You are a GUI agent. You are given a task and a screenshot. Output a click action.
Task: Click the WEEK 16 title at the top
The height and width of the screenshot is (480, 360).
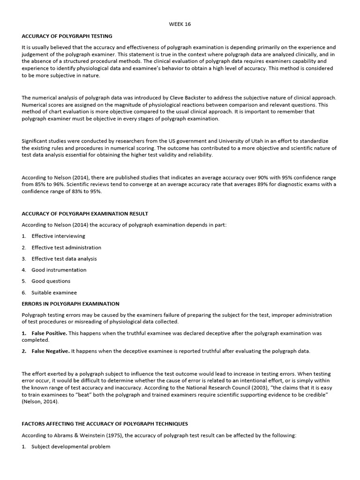(180, 24)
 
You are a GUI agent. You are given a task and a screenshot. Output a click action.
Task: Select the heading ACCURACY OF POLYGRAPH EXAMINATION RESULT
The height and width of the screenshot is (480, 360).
(85, 214)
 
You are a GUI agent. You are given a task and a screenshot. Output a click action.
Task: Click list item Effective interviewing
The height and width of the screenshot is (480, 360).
(58, 236)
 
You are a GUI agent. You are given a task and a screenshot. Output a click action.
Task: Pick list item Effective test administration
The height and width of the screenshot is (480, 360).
(66, 247)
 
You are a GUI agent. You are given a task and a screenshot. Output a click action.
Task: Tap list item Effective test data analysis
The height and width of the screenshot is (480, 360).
(64, 259)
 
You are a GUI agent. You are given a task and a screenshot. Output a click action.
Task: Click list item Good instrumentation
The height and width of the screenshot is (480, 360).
(59, 270)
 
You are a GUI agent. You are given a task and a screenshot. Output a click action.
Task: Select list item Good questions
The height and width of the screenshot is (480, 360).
(51, 281)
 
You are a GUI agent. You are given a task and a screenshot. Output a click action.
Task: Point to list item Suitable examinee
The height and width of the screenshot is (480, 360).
(54, 292)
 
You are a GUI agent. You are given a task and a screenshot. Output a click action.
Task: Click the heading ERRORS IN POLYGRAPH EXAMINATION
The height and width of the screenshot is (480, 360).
(70, 304)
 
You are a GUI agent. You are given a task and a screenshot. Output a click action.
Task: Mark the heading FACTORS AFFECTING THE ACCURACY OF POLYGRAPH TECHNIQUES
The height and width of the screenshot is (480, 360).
(105, 424)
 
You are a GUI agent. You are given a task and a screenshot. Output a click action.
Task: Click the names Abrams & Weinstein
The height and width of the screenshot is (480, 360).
(71, 435)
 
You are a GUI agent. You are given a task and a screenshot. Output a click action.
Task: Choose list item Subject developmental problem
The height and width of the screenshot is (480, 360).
(71, 447)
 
